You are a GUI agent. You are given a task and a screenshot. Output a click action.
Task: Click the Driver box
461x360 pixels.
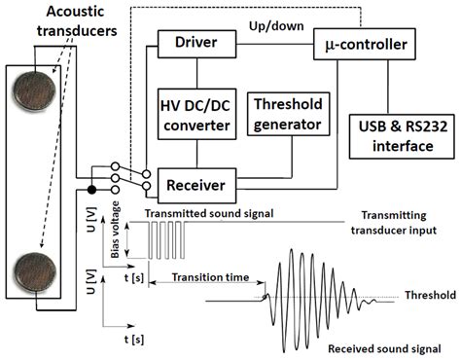pos(197,44)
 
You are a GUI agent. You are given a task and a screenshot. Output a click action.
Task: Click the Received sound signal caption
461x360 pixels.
pos(382,347)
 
